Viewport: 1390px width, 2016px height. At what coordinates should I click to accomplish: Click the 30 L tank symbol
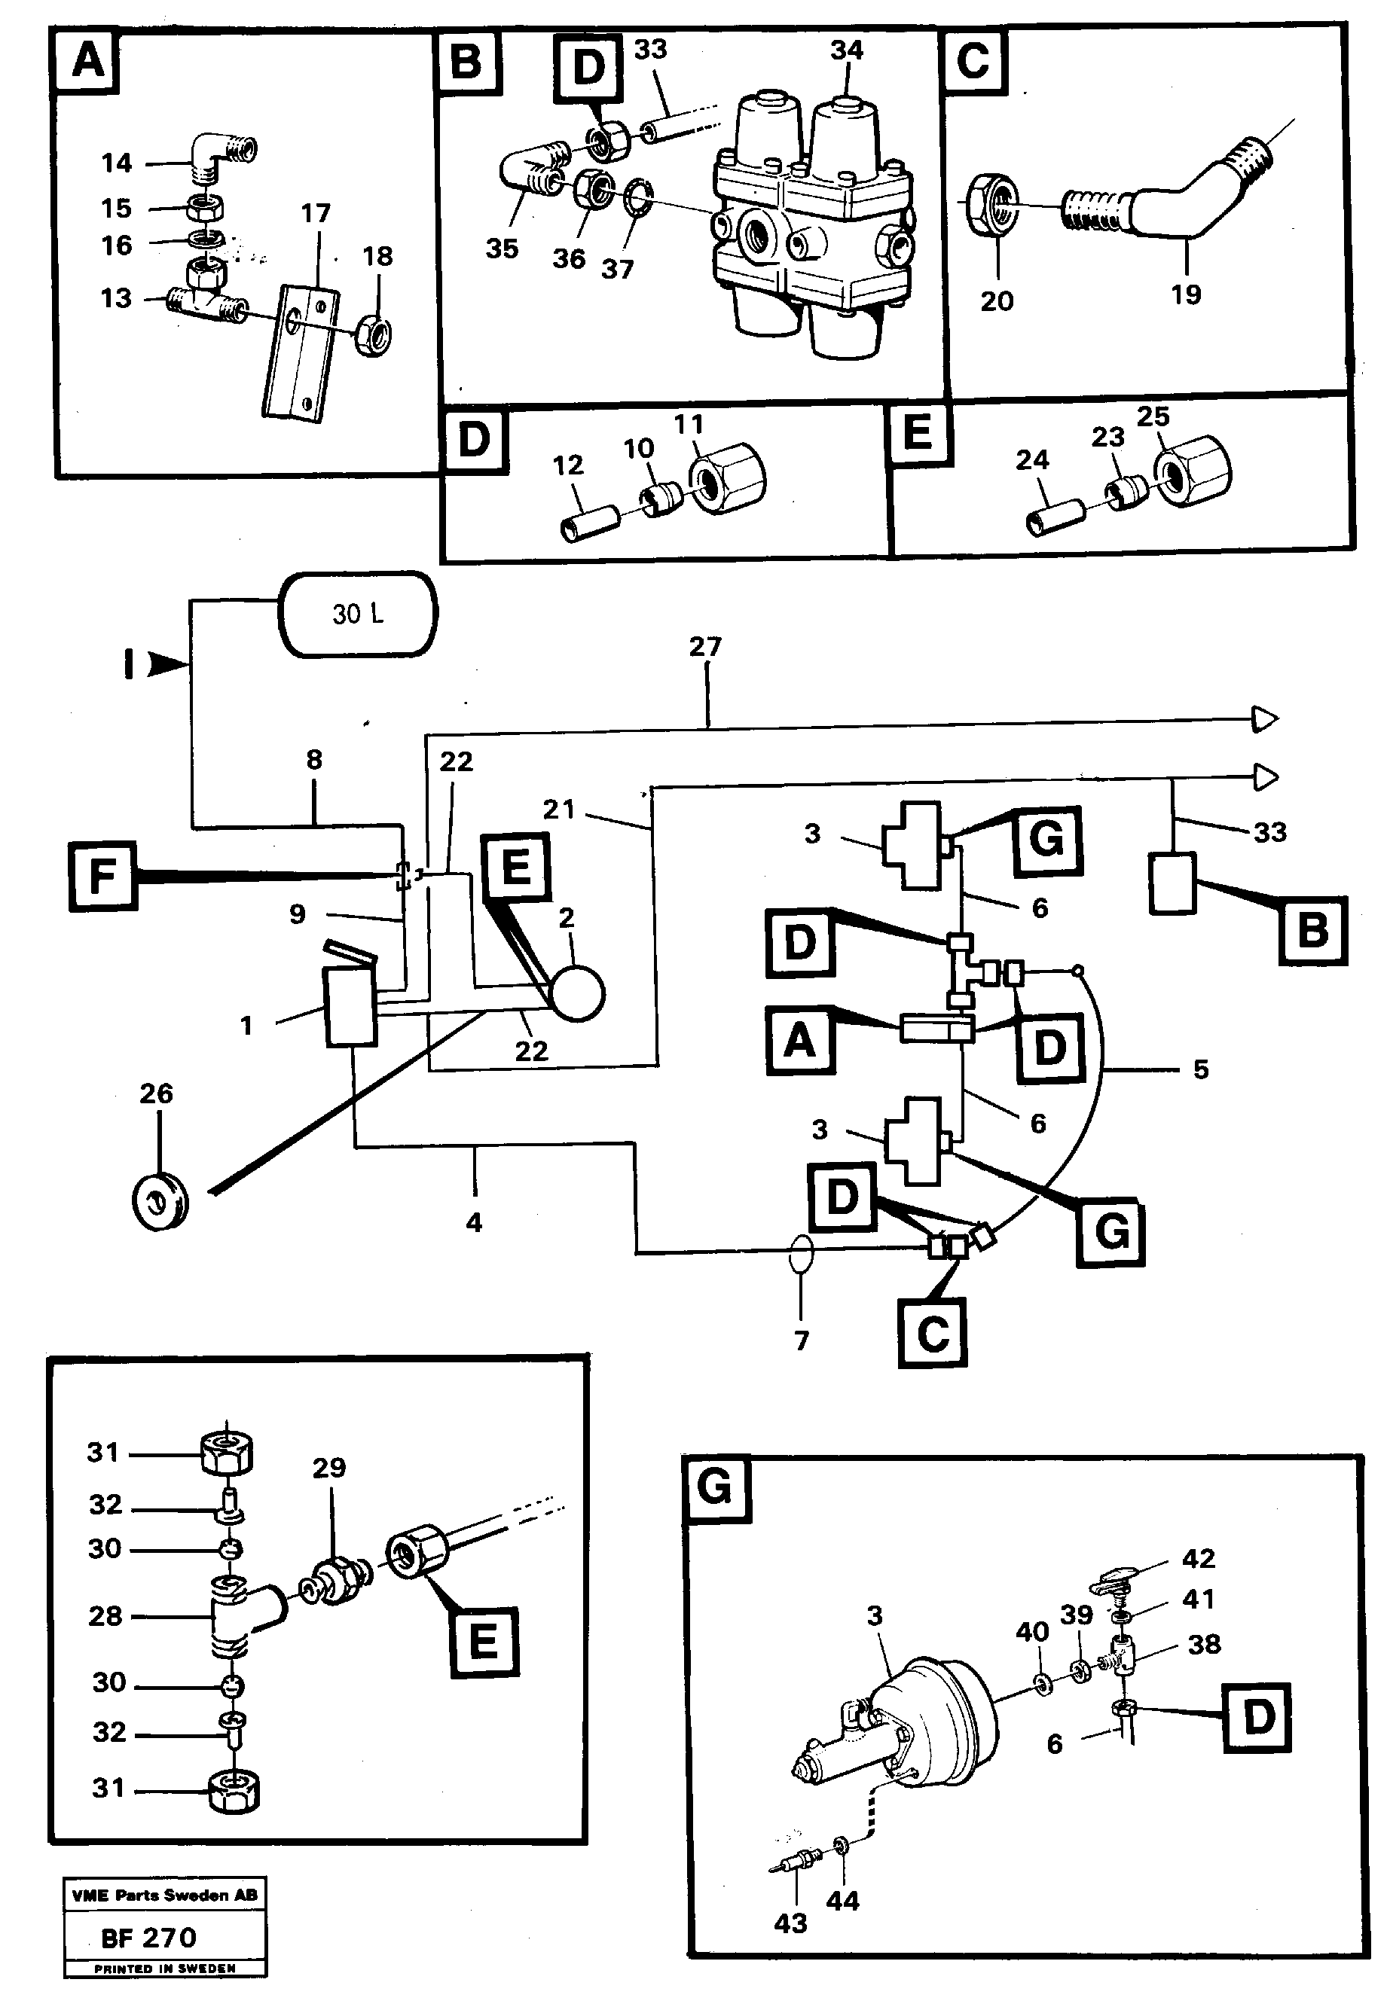pyautogui.click(x=358, y=614)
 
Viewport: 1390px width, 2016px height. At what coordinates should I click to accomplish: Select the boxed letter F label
pyautogui.click(x=102, y=875)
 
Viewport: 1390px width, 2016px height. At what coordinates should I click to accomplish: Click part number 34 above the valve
pyautogui.click(x=845, y=50)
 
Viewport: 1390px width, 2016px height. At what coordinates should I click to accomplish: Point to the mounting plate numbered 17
pyautogui.click(x=299, y=352)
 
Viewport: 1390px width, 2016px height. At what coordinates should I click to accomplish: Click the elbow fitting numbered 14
pyautogui.click(x=225, y=153)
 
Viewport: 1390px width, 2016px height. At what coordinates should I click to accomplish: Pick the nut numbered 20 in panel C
pyautogui.click(x=993, y=203)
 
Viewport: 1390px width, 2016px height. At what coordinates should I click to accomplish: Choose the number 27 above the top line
pyautogui.click(x=704, y=647)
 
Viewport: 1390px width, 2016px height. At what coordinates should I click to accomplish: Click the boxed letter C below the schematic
pyautogui.click(x=933, y=1333)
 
